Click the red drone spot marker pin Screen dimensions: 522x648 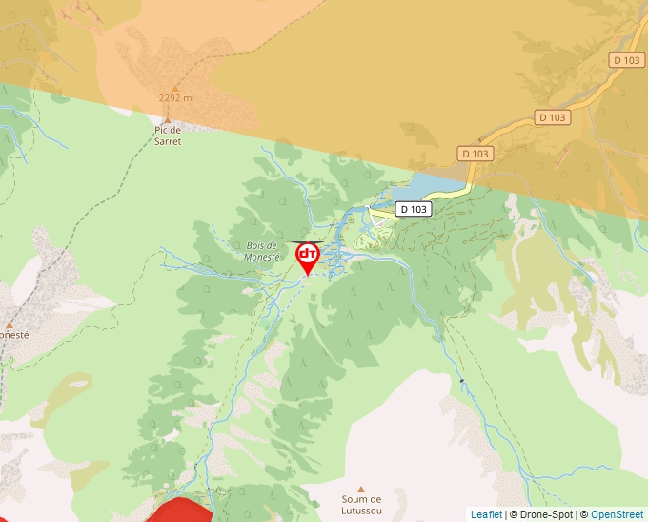tap(308, 257)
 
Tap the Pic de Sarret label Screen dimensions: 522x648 tap(168, 136)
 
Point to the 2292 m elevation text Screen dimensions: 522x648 tap(175, 97)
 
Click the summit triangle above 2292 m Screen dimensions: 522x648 tap(175, 88)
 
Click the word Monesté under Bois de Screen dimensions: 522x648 tap(262, 257)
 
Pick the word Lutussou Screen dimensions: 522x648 tap(361, 511)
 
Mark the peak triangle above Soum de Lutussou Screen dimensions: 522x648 tap(361, 489)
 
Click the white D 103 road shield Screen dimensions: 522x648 tap(415, 209)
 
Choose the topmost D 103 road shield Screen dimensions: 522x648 tap(627, 60)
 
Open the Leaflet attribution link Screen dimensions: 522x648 tap(486, 514)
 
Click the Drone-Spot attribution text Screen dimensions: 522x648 tap(546, 514)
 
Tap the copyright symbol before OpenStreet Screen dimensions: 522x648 tap(584, 514)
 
